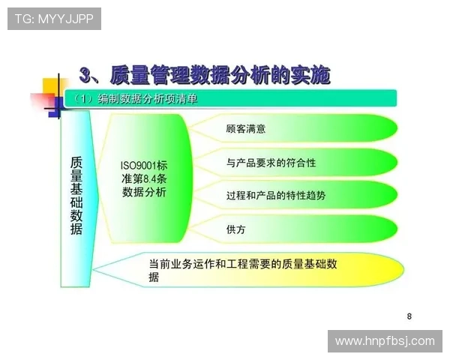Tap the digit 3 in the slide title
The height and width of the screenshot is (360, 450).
tap(88, 75)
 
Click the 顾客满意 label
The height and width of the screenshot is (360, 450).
tap(245, 129)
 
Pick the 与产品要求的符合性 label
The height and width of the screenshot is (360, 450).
tap(271, 162)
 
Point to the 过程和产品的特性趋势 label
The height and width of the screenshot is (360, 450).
tap(276, 195)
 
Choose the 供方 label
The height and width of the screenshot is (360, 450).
tap(235, 229)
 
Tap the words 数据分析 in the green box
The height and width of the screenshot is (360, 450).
tap(143, 192)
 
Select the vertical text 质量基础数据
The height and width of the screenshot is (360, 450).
tap(76, 196)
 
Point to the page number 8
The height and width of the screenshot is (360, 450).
tap(409, 316)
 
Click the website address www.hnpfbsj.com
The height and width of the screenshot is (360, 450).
tap(384, 341)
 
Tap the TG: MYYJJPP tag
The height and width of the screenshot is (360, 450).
tap(54, 19)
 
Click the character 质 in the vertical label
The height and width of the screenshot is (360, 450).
tap(76, 163)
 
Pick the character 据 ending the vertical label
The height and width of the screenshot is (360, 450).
tap(76, 230)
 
